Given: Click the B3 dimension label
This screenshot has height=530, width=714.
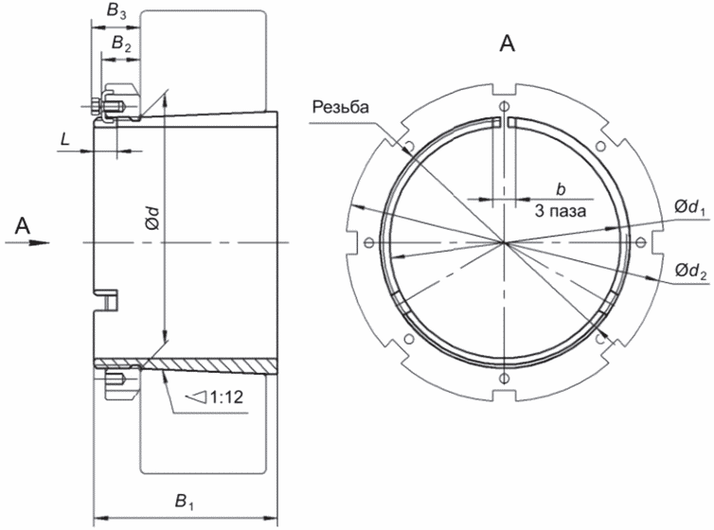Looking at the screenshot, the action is [x=116, y=11].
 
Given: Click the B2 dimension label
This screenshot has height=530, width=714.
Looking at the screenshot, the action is [x=121, y=44].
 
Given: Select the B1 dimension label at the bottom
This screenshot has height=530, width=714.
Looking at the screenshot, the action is [x=185, y=503].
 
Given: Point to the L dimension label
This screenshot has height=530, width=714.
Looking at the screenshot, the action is [x=65, y=139].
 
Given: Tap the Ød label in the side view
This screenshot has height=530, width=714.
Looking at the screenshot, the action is [x=152, y=218].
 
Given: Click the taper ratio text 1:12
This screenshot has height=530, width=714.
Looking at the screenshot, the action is [x=226, y=397].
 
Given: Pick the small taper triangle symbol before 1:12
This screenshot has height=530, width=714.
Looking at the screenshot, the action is [x=197, y=397].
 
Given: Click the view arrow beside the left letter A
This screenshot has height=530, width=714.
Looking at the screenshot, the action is [x=27, y=242].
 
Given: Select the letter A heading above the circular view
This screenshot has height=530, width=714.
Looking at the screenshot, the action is [x=508, y=44].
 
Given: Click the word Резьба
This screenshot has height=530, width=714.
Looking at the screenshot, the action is [x=341, y=107].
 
